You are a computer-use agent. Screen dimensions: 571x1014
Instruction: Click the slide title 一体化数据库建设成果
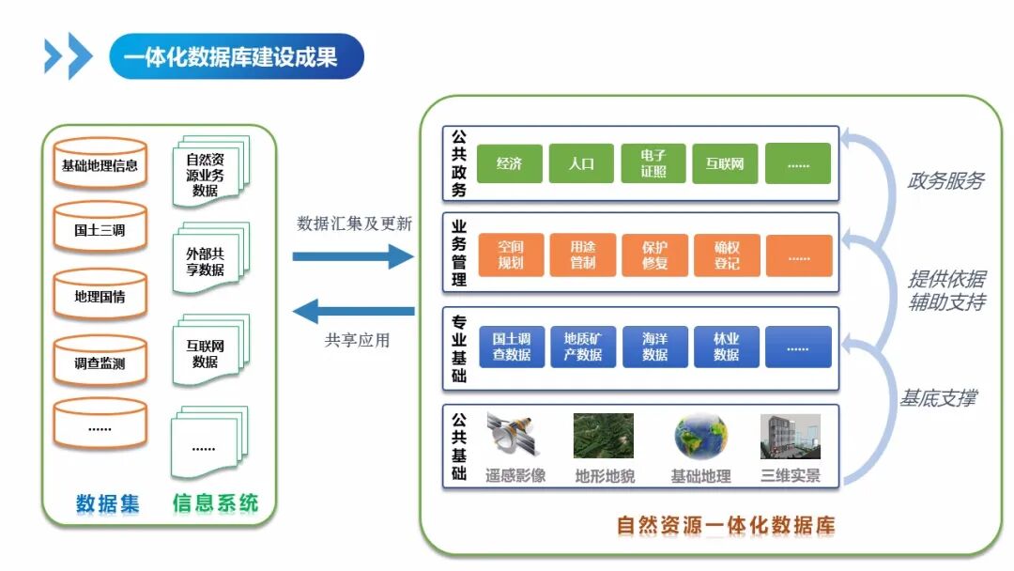(x=230, y=57)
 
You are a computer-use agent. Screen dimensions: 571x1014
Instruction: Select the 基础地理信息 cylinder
(x=100, y=165)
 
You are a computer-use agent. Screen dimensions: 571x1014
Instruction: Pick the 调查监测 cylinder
(x=100, y=363)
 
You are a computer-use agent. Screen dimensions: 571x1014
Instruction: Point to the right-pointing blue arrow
(x=353, y=255)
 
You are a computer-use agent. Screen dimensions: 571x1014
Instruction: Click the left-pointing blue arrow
(x=353, y=311)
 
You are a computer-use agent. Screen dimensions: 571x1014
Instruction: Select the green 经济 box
(x=509, y=163)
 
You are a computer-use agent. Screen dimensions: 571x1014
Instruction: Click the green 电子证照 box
(x=653, y=163)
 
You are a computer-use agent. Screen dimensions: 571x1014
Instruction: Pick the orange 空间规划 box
(x=511, y=255)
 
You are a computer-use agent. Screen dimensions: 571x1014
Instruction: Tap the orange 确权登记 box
(x=726, y=255)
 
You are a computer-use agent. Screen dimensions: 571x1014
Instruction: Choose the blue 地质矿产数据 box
(x=583, y=347)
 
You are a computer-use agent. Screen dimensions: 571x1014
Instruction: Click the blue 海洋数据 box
(x=654, y=347)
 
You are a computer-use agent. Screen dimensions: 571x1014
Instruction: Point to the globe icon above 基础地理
(x=700, y=437)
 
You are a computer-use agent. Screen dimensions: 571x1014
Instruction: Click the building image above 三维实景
(x=790, y=437)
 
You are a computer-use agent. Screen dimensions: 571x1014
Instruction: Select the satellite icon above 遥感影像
(x=514, y=437)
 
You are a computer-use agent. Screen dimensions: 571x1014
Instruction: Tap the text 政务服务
(x=945, y=181)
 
